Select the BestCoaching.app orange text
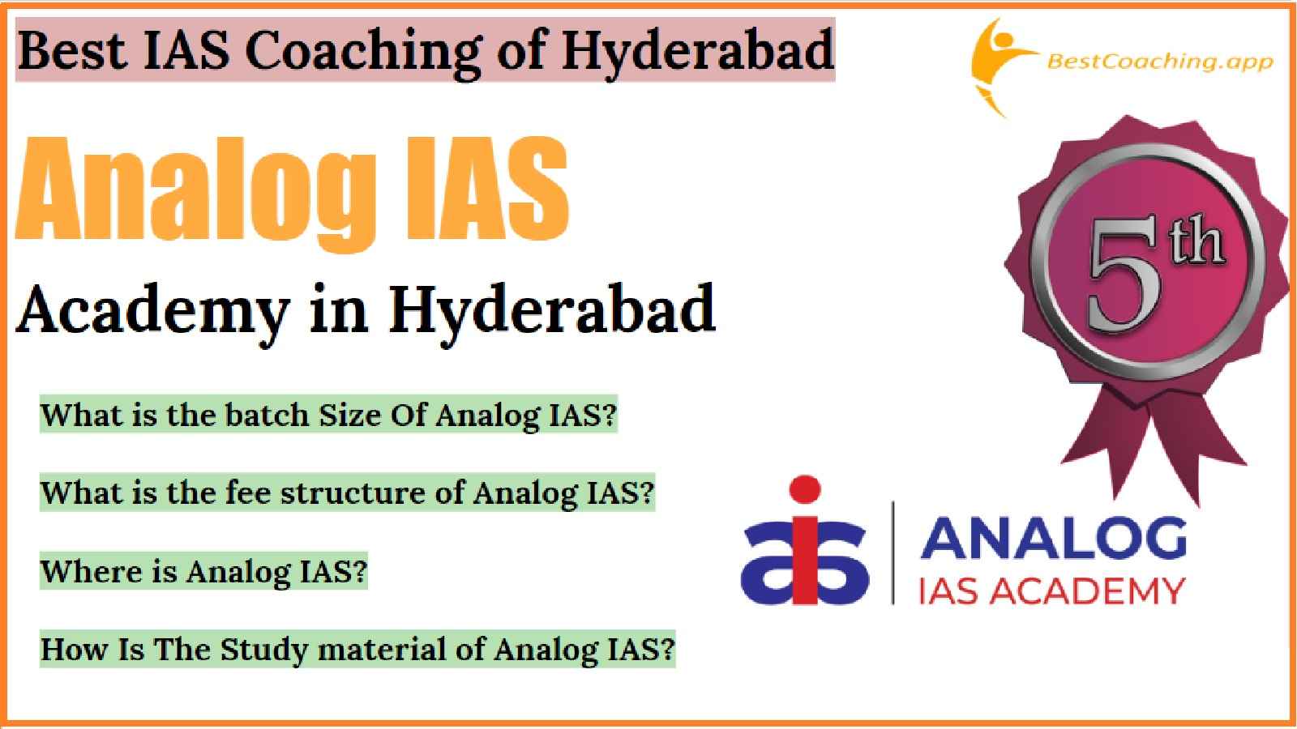[x=1160, y=62]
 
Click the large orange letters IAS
[x=487, y=188]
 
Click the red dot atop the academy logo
[x=805, y=489]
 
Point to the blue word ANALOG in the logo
[x=1053, y=538]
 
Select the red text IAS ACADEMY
[x=1052, y=591]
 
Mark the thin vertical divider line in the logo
[x=892, y=552]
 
